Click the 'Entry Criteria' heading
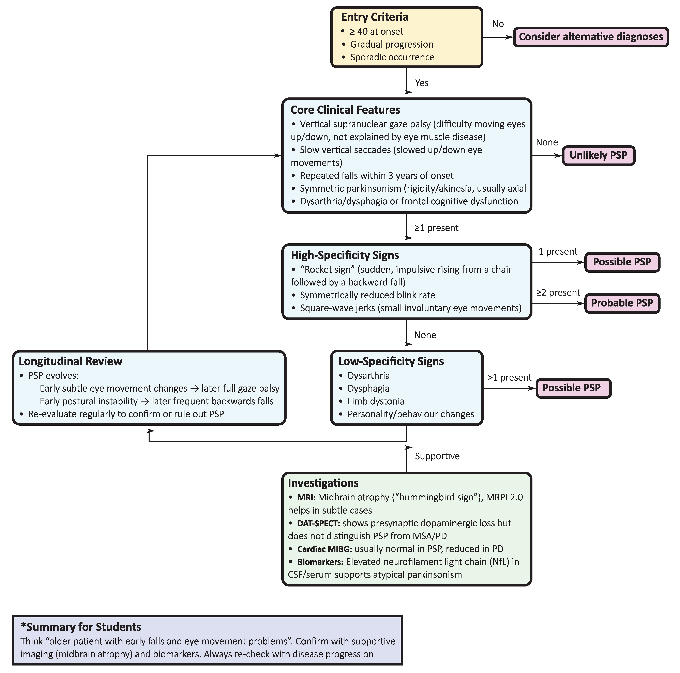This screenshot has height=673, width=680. coord(375,17)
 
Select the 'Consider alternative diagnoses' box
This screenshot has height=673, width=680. coord(591,37)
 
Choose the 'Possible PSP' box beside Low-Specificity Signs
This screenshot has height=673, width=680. coord(573,388)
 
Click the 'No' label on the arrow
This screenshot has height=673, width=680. coord(498,24)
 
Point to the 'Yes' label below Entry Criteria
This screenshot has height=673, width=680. coord(421,83)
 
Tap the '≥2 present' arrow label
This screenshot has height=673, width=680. coord(558,293)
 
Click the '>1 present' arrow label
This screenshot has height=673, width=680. coord(509,377)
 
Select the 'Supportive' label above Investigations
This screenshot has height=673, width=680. coord(437,456)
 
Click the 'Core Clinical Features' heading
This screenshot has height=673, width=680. coord(345,110)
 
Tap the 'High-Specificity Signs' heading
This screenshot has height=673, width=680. coord(345,255)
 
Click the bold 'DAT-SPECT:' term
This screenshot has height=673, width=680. coord(318,523)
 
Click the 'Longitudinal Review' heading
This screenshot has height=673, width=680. coord(70,361)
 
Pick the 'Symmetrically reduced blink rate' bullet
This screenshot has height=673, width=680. coord(367,295)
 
